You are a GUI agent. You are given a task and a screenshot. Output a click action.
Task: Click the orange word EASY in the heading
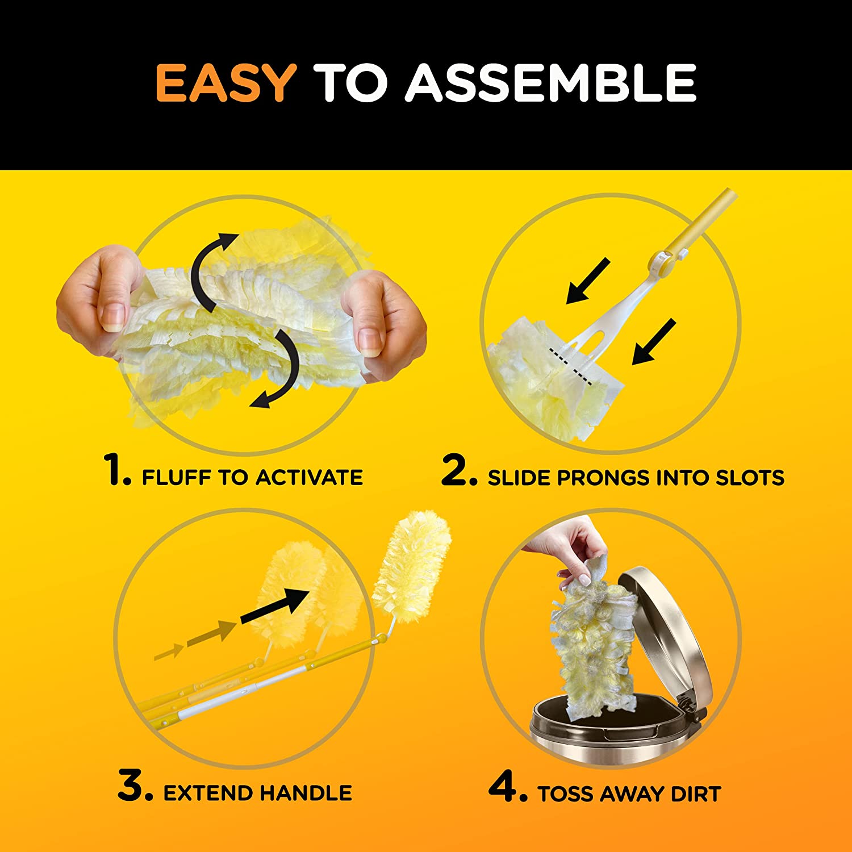point(225,83)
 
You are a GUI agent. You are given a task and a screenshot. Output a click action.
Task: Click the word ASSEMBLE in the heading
point(550,83)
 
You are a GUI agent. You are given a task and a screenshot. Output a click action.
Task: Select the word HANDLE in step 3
point(306,793)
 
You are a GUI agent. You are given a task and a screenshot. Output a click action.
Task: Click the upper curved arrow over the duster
point(211,267)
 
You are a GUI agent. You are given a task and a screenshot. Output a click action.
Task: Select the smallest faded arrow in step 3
point(169,651)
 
